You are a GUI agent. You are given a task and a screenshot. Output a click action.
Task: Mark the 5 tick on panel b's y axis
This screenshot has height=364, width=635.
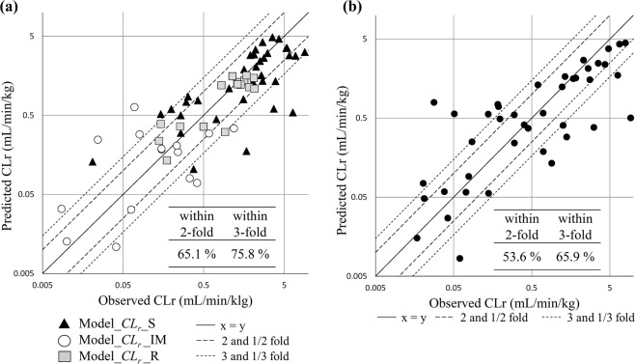tap(365, 39)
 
